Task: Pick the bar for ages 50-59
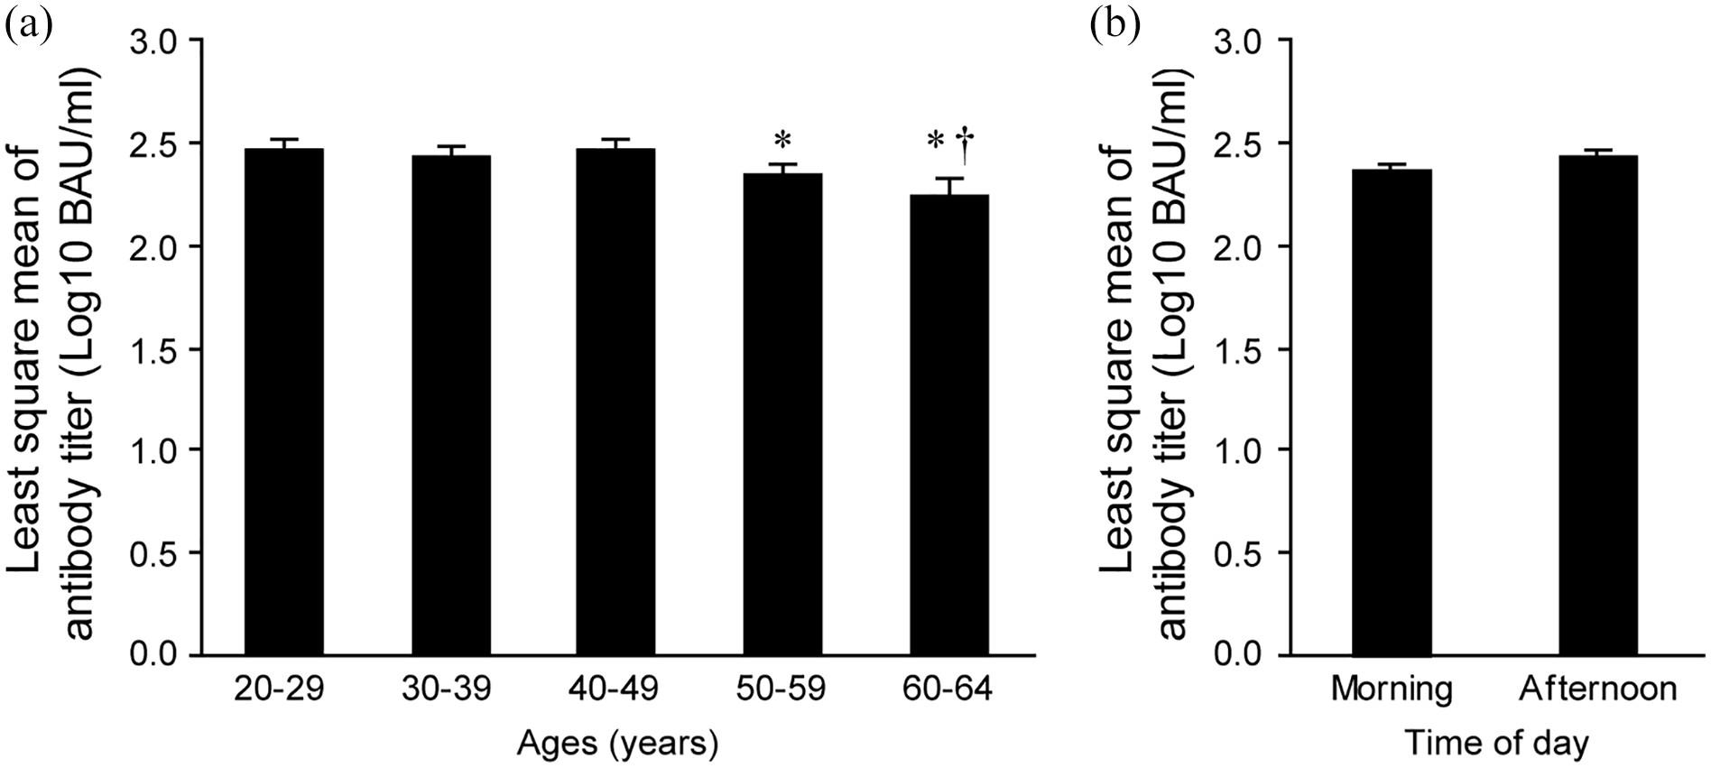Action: pyautogui.click(x=782, y=414)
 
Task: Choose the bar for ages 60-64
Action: pyautogui.click(x=948, y=424)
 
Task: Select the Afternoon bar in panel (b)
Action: pyautogui.click(x=1597, y=405)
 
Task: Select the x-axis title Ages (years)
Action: pyautogui.click(x=617, y=744)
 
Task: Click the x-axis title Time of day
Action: pyautogui.click(x=1495, y=744)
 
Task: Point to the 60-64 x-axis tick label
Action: pyautogui.click(x=948, y=689)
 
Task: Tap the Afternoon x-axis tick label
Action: pyautogui.click(x=1597, y=689)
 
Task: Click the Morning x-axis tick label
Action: pyautogui.click(x=1392, y=689)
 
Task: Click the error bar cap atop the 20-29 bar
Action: pyautogui.click(x=284, y=140)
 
